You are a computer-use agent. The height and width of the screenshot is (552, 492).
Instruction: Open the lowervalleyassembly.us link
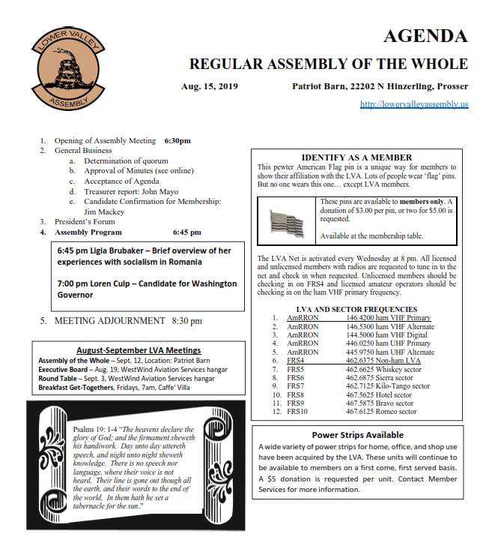coord(413,104)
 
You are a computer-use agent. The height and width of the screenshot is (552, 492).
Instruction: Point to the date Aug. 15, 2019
coord(209,86)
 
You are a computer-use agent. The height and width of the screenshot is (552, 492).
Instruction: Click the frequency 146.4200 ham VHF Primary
coord(388,318)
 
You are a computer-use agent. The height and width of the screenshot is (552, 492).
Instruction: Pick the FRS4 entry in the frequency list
coord(295,361)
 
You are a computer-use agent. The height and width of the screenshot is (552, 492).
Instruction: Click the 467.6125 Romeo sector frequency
coord(380,412)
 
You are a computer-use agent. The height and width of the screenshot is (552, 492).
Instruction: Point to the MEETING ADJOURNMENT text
coord(111,321)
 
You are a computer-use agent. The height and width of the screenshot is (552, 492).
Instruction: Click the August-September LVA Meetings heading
coord(139,350)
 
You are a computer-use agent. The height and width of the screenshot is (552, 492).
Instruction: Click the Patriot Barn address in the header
coord(380,86)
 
